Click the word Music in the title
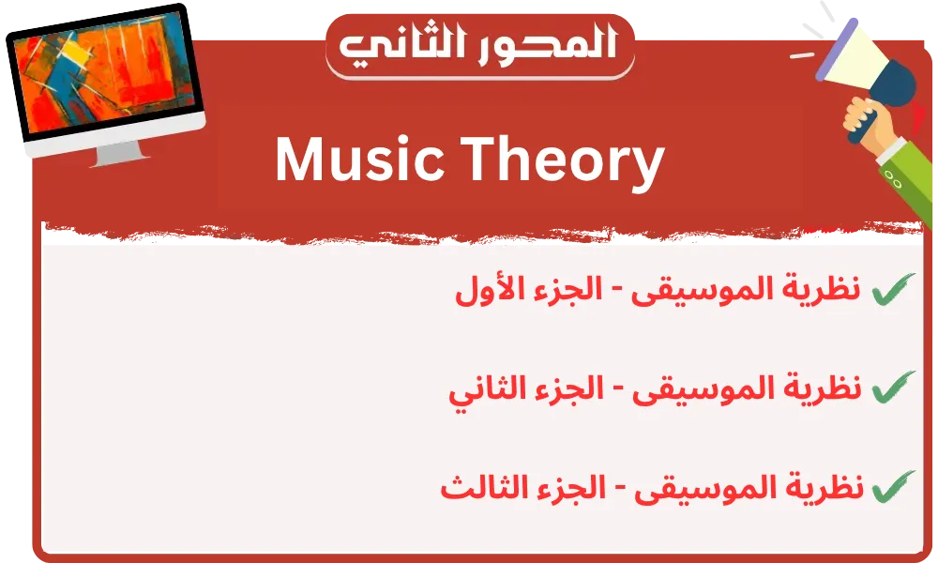tap(359, 160)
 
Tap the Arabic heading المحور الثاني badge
tap(479, 46)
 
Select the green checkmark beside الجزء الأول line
tap(893, 289)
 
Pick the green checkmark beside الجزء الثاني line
tap(893, 388)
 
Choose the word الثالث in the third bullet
tap(476, 488)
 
